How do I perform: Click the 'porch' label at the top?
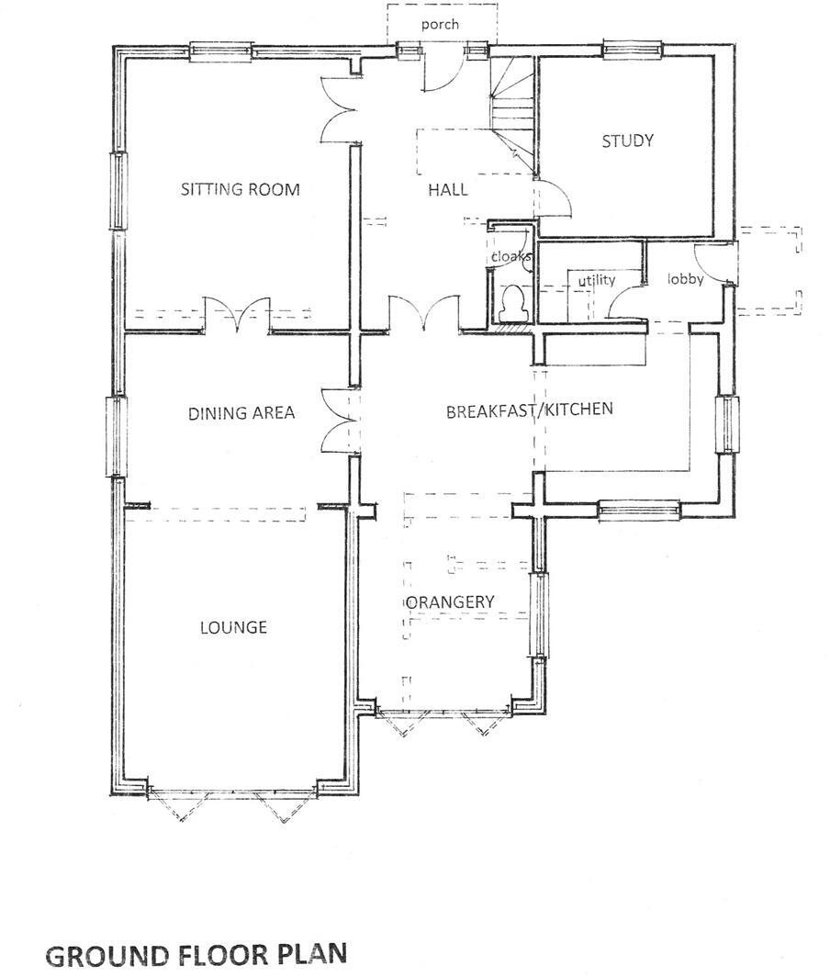[440, 25]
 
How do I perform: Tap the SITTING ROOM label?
[240, 190]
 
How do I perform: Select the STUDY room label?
[627, 141]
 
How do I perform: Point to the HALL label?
[447, 190]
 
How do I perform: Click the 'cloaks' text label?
[510, 257]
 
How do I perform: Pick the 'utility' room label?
[596, 280]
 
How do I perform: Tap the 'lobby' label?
[685, 279]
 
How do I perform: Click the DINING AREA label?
[241, 413]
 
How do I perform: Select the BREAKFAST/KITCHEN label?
[529, 410]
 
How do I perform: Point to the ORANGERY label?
[450, 602]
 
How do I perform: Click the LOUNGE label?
[233, 628]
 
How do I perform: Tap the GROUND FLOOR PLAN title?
[196, 954]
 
